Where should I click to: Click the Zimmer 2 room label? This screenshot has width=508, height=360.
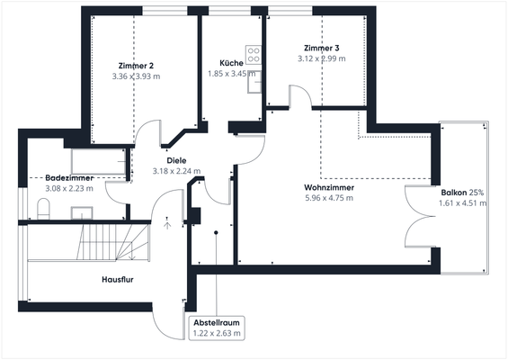pos(136,65)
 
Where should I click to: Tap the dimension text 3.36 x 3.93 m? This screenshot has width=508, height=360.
pos(136,76)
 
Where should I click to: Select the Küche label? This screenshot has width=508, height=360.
pos(220,62)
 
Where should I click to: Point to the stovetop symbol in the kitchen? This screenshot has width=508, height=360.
pos(254,53)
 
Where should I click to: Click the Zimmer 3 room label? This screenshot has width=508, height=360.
pos(322,47)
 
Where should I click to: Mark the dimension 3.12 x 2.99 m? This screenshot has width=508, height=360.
pos(322,58)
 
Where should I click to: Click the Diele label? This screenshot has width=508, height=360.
pos(176,159)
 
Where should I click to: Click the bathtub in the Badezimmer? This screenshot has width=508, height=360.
pos(97,162)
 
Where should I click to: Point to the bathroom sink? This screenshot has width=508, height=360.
pos(83,212)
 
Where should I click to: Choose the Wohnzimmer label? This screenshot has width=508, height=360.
pos(328,186)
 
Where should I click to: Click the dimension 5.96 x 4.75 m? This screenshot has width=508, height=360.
pos(328,198)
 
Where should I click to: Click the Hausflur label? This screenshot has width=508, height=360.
pos(117,280)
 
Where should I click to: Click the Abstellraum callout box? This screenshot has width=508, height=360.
pos(218,327)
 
